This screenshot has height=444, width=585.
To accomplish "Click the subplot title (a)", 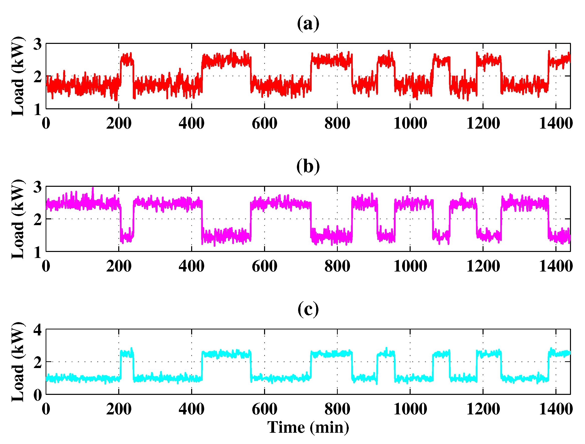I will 308,24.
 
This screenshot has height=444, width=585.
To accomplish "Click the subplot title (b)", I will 308,166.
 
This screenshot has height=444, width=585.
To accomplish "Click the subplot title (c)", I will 308,309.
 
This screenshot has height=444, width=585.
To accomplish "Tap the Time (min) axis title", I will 308,427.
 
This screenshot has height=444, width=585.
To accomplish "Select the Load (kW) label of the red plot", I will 18,76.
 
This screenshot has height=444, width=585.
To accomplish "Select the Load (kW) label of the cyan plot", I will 18,362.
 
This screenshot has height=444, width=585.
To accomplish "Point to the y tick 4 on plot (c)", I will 38,330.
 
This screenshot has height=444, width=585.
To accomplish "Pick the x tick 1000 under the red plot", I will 410,123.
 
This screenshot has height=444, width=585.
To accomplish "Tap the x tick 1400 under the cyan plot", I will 556,409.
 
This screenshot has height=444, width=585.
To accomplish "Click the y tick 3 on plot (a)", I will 38,44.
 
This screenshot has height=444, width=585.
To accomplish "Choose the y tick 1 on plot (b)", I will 38,252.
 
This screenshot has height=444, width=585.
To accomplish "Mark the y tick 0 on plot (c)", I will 38,395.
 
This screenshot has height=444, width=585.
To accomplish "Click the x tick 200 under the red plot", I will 119,123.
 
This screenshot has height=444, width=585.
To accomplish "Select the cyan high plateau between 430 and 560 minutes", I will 226,354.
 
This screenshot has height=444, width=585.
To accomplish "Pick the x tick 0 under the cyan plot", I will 46,409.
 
